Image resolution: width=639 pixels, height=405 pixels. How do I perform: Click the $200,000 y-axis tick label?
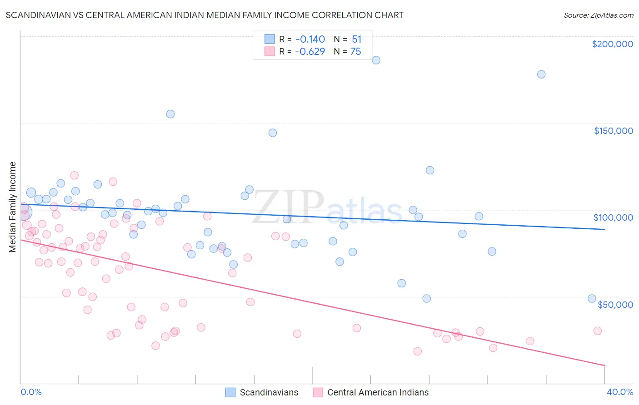pyautogui.click(x=612, y=44)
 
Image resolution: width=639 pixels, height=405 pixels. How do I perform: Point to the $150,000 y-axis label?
pyautogui.click(x=613, y=131)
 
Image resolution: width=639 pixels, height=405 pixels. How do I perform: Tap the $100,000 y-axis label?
pyautogui.click(x=613, y=217)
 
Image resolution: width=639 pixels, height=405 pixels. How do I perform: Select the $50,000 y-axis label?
pyautogui.click(x=615, y=304)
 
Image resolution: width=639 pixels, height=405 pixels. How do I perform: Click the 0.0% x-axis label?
pyautogui.click(x=31, y=392)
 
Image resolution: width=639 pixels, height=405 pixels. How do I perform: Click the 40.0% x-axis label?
pyautogui.click(x=619, y=392)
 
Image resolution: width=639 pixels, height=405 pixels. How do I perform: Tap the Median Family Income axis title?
pyautogui.click(x=13, y=207)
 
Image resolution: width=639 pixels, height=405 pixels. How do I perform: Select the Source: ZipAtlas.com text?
pyautogui.click(x=598, y=15)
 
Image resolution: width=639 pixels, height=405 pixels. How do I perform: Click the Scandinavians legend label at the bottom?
pyautogui.click(x=269, y=392)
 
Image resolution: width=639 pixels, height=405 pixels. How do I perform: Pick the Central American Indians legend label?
pyautogui.click(x=378, y=392)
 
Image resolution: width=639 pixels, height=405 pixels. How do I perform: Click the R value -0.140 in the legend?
pyautogui.click(x=310, y=39)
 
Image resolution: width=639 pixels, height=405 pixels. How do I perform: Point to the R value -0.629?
pyautogui.click(x=310, y=51)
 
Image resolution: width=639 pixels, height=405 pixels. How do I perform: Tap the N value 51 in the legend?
pyautogui.click(x=356, y=39)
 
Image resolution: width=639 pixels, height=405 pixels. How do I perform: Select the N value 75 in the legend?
pyautogui.click(x=355, y=51)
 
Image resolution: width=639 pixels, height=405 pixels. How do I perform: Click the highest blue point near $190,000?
pyautogui.click(x=376, y=60)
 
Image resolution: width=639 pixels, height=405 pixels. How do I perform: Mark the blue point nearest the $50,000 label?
pyautogui.click(x=592, y=298)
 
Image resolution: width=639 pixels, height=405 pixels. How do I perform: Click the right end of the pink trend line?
pyautogui.click(x=604, y=365)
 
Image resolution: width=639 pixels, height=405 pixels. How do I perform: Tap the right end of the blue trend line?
pyautogui.click(x=604, y=229)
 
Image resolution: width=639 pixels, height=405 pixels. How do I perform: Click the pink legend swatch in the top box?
pyautogui.click(x=270, y=51)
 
